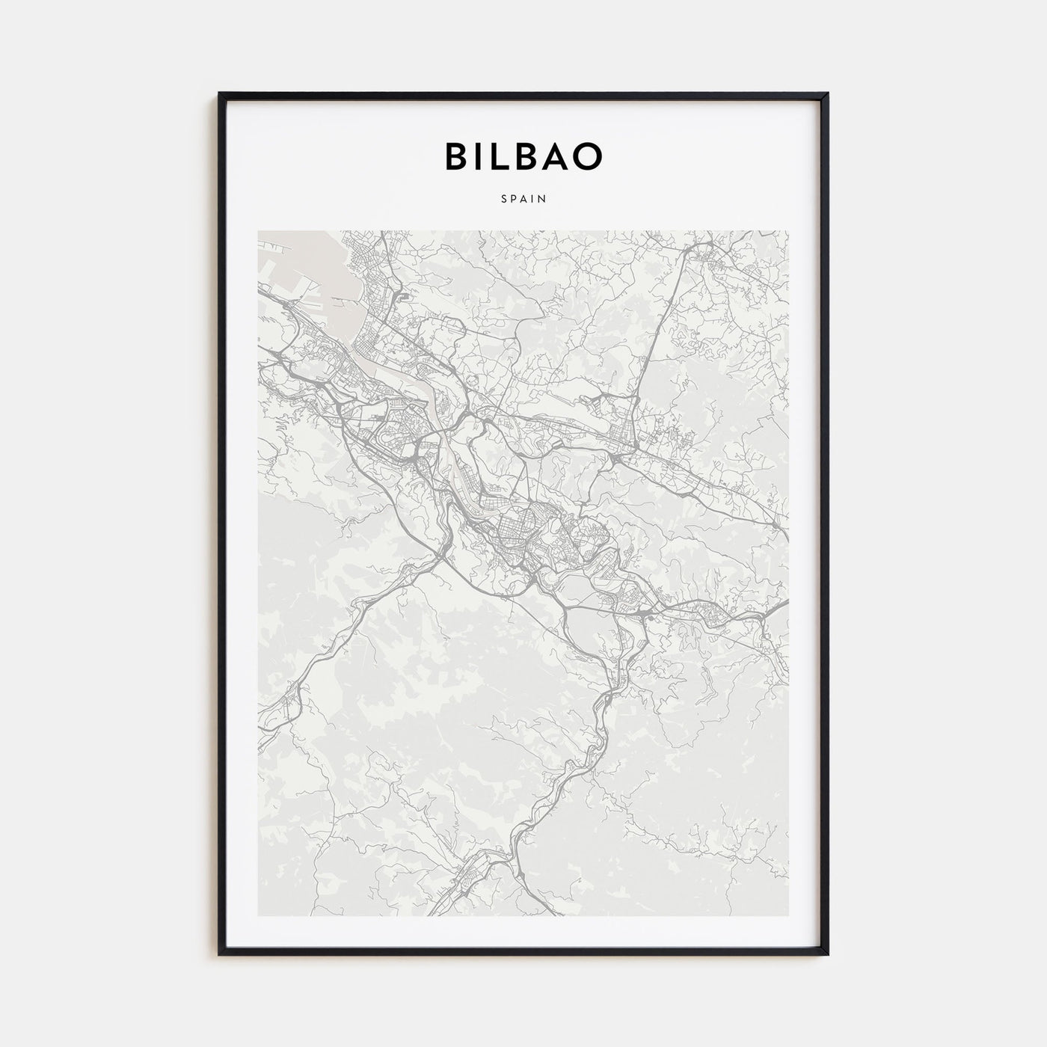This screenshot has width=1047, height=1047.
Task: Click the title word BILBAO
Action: (x=523, y=156)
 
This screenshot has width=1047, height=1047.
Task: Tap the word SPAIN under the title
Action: (x=523, y=200)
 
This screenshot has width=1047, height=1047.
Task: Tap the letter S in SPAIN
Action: (x=503, y=200)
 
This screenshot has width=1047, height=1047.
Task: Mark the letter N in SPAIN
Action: (x=544, y=200)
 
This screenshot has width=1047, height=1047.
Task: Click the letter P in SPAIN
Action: (x=513, y=200)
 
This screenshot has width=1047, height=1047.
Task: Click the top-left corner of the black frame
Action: (x=220, y=94)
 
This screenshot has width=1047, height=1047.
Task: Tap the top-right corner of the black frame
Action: (x=827, y=94)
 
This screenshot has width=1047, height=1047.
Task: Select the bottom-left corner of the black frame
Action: (x=220, y=953)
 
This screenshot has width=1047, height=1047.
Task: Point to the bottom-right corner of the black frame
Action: (x=827, y=953)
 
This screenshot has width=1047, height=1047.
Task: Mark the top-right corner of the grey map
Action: (x=788, y=231)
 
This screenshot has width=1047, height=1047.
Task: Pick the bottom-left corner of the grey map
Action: (x=259, y=915)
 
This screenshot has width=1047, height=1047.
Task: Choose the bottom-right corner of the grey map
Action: (x=788, y=915)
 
